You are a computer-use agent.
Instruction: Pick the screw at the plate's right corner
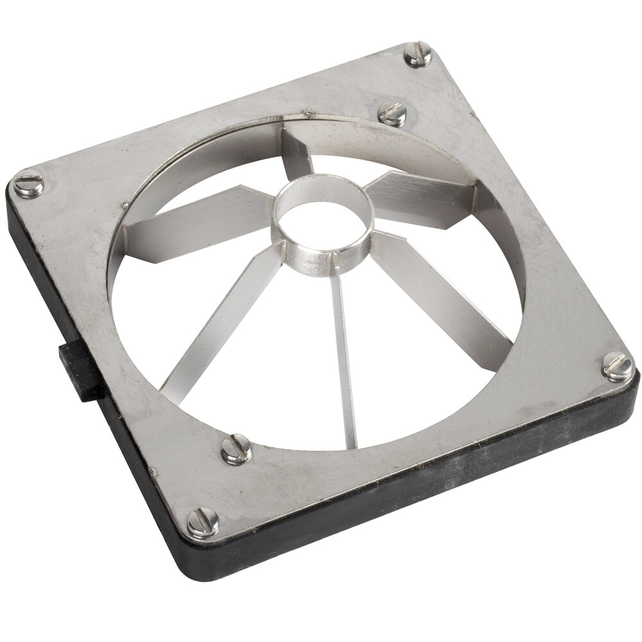[618, 367]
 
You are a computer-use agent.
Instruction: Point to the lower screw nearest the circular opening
[236, 449]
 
